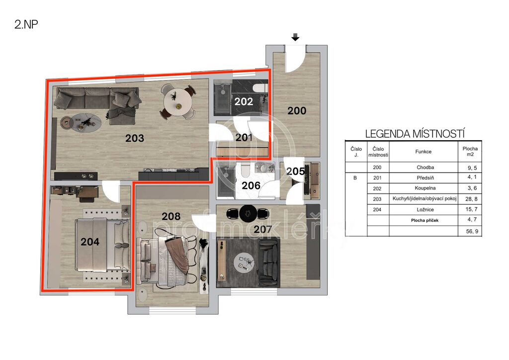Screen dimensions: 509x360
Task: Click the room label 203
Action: (135, 138)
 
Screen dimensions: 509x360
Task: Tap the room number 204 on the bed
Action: (90, 242)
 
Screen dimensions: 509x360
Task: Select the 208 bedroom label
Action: (171, 216)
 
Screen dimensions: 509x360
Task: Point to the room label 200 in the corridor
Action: (297, 111)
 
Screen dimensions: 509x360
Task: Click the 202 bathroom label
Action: (244, 101)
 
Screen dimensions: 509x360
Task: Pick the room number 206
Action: (251, 185)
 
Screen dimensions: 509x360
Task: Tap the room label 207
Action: (262, 230)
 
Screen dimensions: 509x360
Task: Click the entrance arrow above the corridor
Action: (295, 37)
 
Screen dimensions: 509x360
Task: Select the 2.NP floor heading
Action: (26, 24)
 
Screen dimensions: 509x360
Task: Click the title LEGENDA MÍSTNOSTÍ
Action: (415, 134)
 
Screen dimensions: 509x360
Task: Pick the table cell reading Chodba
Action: (425, 168)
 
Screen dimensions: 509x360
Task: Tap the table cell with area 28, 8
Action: (471, 199)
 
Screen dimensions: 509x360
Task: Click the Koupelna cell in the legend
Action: (425, 188)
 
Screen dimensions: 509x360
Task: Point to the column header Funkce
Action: (424, 152)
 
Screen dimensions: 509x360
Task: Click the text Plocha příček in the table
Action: (424, 220)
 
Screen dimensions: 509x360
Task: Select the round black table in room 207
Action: (249, 213)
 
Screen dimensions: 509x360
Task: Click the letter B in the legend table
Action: (355, 178)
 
